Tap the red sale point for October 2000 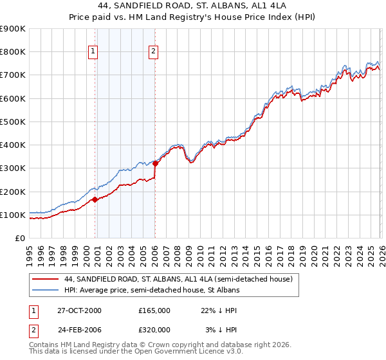click(95, 199)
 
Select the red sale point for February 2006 click(155, 163)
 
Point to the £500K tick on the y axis click(13, 122)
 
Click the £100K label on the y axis click(13, 215)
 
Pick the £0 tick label click(19, 238)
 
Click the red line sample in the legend click(46, 279)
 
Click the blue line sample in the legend click(46, 290)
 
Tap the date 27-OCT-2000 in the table click(79, 310)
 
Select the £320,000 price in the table click(154, 330)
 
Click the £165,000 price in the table click(154, 310)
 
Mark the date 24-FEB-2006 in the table click(79, 330)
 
